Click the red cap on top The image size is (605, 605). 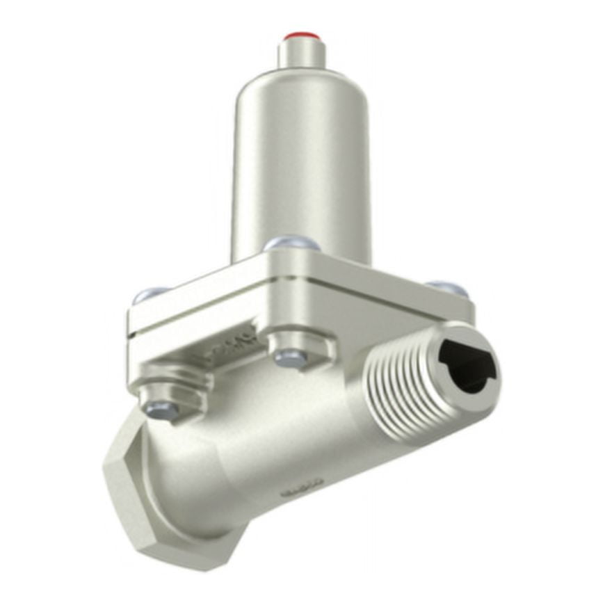pyautogui.click(x=300, y=35)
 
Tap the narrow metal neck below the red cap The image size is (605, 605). pyautogui.click(x=300, y=54)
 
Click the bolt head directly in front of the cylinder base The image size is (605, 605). pyautogui.click(x=292, y=244)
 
